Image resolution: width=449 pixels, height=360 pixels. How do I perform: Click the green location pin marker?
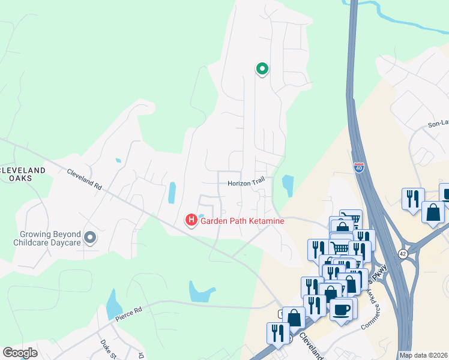262,69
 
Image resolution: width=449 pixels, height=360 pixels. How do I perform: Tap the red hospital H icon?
191,221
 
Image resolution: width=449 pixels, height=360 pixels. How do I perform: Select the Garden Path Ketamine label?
242,221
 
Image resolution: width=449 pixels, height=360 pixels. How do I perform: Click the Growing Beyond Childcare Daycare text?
47,238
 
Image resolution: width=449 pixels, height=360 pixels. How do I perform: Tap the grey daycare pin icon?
90,238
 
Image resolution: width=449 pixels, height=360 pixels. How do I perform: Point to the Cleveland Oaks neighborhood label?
23,175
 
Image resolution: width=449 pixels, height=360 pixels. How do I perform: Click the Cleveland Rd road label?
84,179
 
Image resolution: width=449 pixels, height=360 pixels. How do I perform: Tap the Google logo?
20,353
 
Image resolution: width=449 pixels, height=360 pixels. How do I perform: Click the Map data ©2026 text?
423,355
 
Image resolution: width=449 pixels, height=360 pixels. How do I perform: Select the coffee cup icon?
342,310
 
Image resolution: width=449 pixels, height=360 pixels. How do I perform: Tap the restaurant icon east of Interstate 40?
413,198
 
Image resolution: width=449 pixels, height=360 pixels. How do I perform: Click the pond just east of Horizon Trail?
288,186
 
